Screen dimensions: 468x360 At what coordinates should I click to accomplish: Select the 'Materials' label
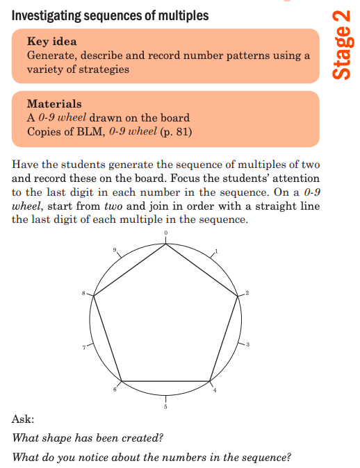point(54,104)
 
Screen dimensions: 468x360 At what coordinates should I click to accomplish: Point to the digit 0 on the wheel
point(165,233)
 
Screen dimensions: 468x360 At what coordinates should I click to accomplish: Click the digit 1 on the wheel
point(217,251)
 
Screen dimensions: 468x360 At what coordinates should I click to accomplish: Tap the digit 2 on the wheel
point(246,294)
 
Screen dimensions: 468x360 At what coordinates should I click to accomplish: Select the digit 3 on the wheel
point(247,346)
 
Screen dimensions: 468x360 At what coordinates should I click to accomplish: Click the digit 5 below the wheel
point(165,407)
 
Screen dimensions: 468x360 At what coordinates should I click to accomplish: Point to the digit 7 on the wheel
point(84,346)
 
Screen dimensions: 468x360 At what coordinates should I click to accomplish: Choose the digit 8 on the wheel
point(84,294)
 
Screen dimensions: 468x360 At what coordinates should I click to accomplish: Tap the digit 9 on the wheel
point(115,250)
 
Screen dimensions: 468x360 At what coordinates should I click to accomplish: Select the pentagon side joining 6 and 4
point(165,381)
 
